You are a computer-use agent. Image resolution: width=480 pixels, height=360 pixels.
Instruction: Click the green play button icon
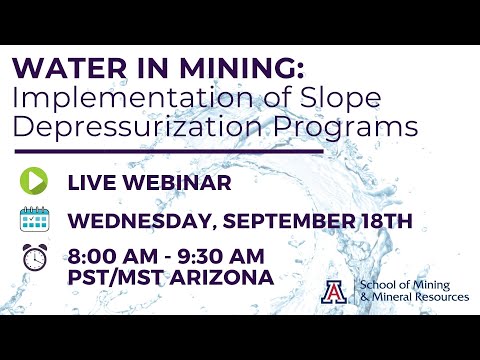click(x=34, y=182)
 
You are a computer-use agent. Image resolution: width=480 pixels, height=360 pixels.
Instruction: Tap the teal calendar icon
click(x=34, y=219)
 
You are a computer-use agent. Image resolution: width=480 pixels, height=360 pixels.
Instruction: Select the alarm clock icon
click(x=34, y=257)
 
